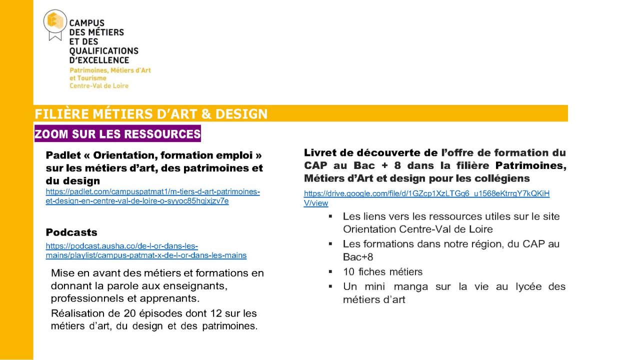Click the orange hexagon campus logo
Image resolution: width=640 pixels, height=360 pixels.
coord(55,21)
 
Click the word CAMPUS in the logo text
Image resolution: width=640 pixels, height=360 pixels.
coord(86,23)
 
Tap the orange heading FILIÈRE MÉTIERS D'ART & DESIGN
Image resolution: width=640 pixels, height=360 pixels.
coord(151,114)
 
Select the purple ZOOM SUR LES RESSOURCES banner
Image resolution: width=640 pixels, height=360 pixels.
coord(117,134)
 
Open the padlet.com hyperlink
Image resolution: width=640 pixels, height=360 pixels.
coord(152,196)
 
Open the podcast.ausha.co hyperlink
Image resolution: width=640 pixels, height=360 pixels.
coord(146,250)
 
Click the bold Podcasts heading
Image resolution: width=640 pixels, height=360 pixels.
coord(71,232)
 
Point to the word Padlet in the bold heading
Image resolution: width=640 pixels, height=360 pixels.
coord(61,155)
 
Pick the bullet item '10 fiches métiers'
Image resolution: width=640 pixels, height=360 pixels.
coord(382,272)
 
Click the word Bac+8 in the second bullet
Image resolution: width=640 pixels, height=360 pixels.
coord(358,257)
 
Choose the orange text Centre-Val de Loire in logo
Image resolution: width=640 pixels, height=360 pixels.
coord(99,86)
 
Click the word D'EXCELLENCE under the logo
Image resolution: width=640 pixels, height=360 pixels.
coord(99,60)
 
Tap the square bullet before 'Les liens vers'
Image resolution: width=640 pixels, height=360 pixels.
coord(330,216)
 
